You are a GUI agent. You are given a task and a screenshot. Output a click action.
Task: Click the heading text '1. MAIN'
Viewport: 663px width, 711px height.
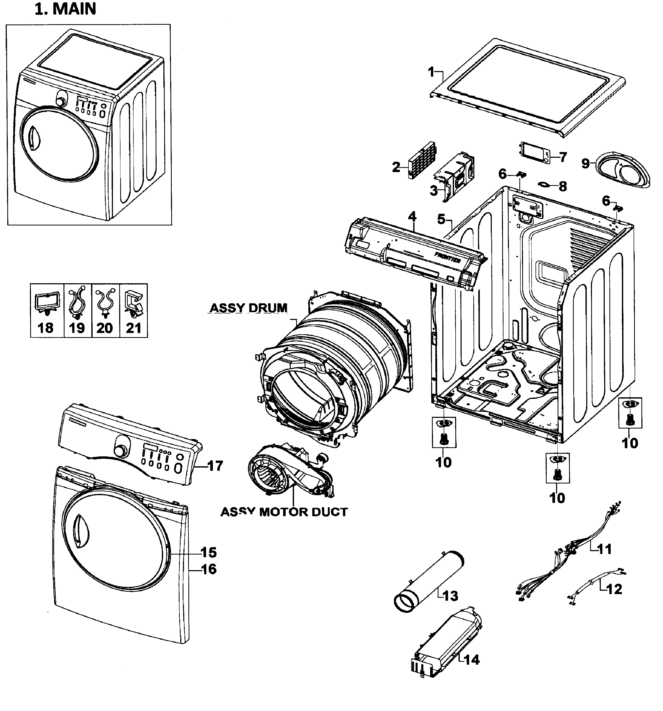tap(65, 9)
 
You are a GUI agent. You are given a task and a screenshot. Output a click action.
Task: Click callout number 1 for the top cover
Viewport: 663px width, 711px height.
tap(431, 72)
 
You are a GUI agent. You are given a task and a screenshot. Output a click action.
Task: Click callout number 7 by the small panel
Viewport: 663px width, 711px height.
tap(563, 157)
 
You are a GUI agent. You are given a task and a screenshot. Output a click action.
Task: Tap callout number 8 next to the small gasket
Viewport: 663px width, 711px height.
tap(563, 186)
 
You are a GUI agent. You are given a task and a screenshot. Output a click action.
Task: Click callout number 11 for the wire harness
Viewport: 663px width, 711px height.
tap(604, 549)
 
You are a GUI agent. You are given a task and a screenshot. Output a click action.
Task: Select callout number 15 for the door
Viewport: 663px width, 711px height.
tap(208, 552)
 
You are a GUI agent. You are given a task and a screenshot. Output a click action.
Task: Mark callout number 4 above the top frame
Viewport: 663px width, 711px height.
tap(412, 216)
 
